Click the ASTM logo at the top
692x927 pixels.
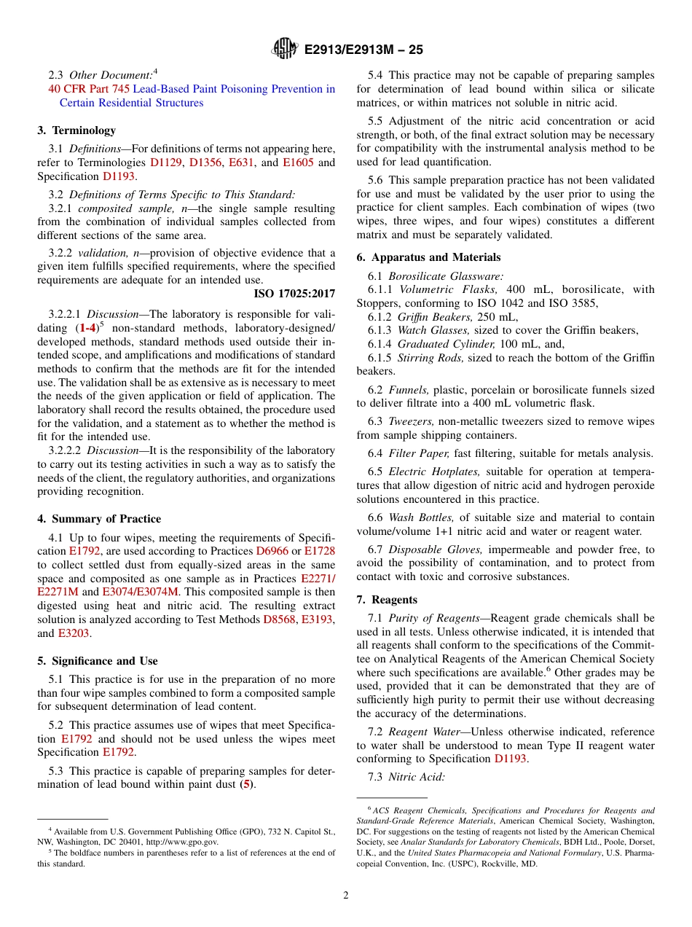click(x=284, y=49)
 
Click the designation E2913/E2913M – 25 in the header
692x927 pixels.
click(x=363, y=50)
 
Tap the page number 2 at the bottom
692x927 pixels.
click(x=346, y=896)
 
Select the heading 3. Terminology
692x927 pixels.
click(x=76, y=130)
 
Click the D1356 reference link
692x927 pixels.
click(x=205, y=163)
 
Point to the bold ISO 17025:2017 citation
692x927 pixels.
click(x=294, y=294)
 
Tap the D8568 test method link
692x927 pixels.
click(x=278, y=619)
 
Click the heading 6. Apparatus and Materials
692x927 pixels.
click(x=428, y=257)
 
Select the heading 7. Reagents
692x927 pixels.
click(x=387, y=600)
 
